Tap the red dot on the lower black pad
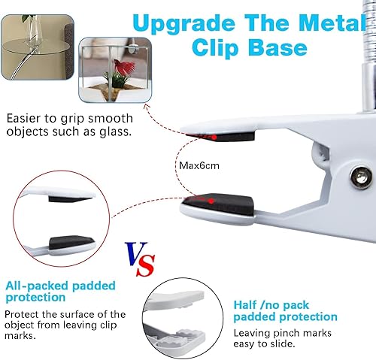(x=212, y=201)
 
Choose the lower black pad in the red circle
(x=72, y=243)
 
